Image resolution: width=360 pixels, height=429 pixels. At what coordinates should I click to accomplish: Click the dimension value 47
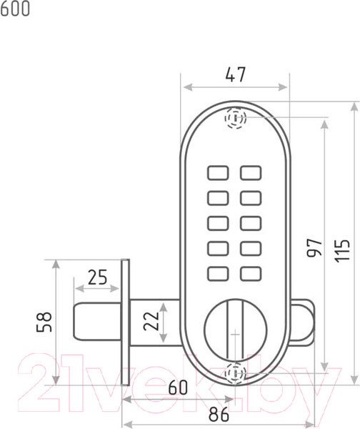[x=235, y=74]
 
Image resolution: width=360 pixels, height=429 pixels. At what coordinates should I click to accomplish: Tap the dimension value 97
[x=314, y=247]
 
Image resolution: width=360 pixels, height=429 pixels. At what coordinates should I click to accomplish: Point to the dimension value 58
[x=44, y=322]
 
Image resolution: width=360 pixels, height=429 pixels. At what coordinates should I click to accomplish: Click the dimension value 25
[x=97, y=277]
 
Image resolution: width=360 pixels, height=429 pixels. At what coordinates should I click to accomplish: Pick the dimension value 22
[x=151, y=320]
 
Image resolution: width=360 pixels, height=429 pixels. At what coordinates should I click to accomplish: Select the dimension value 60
[x=178, y=387]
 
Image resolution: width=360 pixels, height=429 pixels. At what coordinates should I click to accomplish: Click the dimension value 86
[x=219, y=414]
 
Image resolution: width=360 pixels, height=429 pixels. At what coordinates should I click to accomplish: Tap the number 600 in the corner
[x=15, y=8]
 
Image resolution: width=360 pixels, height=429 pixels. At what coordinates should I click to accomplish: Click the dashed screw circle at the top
[x=236, y=118]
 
